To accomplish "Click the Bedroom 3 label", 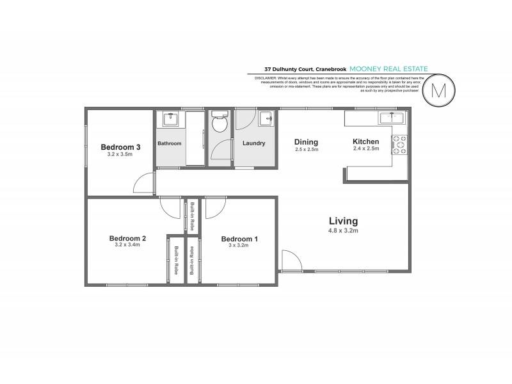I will tap(120, 147).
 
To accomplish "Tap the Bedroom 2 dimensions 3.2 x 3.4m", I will tap(127, 245).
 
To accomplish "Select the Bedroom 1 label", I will tap(239, 239).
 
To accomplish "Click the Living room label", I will tap(344, 221).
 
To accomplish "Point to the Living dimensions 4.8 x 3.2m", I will tap(344, 230).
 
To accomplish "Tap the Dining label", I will tap(306, 141).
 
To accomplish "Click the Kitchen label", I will tap(366, 141).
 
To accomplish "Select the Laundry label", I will tap(253, 143).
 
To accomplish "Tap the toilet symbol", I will tap(220, 122).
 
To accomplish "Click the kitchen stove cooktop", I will tap(399, 145).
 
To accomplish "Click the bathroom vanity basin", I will tap(170, 118).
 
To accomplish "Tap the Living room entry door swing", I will tap(289, 260).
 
